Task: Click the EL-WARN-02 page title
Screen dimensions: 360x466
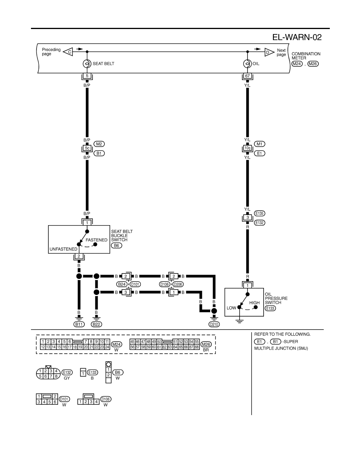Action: [x=297, y=37]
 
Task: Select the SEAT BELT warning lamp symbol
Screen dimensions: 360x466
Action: [x=87, y=64]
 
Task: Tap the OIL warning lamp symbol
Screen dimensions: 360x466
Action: [x=247, y=64]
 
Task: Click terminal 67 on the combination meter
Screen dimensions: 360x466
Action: [x=247, y=76]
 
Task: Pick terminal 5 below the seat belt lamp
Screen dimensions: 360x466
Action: [x=87, y=76]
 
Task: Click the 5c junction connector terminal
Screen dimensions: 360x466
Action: [x=87, y=148]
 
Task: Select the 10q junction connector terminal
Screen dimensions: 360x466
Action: [x=247, y=148]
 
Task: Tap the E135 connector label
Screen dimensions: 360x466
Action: [x=260, y=213]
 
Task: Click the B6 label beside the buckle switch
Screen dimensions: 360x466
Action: [x=116, y=246]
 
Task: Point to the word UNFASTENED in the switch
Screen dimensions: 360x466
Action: [x=63, y=249]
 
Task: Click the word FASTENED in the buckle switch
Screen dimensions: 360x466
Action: [x=96, y=240]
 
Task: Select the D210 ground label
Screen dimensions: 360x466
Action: [x=214, y=324]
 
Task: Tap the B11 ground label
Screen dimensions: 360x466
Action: [x=79, y=324]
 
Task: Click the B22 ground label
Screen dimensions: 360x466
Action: [x=96, y=324]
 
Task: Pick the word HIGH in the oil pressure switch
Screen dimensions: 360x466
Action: [x=255, y=303]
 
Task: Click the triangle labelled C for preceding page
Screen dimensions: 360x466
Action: [x=68, y=52]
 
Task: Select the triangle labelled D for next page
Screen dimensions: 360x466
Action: [x=269, y=52]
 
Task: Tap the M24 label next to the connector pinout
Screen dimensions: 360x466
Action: [x=116, y=344]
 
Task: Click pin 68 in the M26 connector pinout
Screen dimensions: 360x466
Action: [x=197, y=347]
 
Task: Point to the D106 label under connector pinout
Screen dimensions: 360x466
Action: [x=106, y=399]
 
